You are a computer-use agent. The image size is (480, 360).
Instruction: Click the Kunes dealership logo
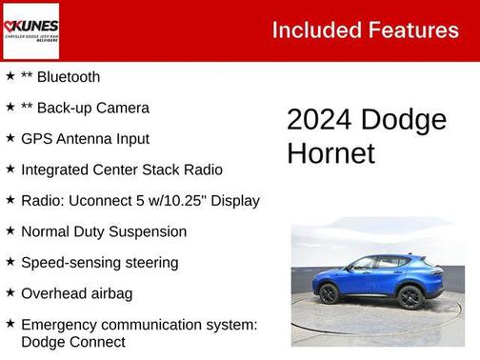click(30, 30)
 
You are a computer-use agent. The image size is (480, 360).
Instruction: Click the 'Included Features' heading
click(365, 30)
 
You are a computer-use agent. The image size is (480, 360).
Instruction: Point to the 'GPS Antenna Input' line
click(85, 139)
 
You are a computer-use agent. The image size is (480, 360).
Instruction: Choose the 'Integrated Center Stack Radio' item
click(121, 170)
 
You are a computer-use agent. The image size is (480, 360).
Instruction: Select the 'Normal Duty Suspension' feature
click(103, 231)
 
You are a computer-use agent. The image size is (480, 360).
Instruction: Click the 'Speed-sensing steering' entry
click(99, 262)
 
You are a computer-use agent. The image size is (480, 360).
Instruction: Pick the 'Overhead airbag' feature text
click(76, 293)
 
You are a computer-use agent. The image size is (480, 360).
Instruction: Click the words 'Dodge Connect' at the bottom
click(72, 342)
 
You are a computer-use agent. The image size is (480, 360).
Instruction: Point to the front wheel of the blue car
click(330, 294)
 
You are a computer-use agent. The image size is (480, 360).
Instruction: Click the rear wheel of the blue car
click(410, 298)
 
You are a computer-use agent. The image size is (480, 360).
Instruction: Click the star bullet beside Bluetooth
click(10, 77)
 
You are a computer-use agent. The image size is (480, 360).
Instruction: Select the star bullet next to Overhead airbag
click(10, 293)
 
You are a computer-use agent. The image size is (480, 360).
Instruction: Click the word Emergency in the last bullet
click(61, 325)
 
